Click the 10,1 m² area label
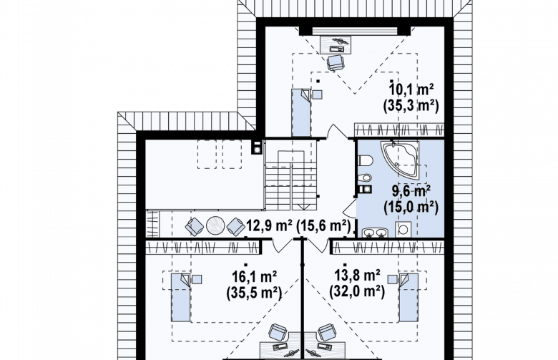coord(411,89)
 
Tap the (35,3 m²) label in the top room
coord(411,106)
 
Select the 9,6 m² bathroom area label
coord(411,191)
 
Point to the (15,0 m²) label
coord(411,208)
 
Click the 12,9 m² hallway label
coord(270,225)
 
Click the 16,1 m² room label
coord(254,276)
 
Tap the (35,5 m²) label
coord(254,292)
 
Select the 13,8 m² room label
coord(357,276)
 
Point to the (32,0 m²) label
coord(357,291)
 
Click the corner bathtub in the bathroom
coord(400,160)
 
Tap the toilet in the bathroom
coord(366,161)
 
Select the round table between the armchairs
coord(215,225)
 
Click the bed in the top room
coord(301,112)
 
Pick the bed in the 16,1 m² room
coord(181,298)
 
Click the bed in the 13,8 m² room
coord(408,298)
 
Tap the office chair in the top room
coord(336,63)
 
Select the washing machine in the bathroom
coord(403,230)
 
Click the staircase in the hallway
coord(291,180)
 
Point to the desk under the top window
coord(336,44)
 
